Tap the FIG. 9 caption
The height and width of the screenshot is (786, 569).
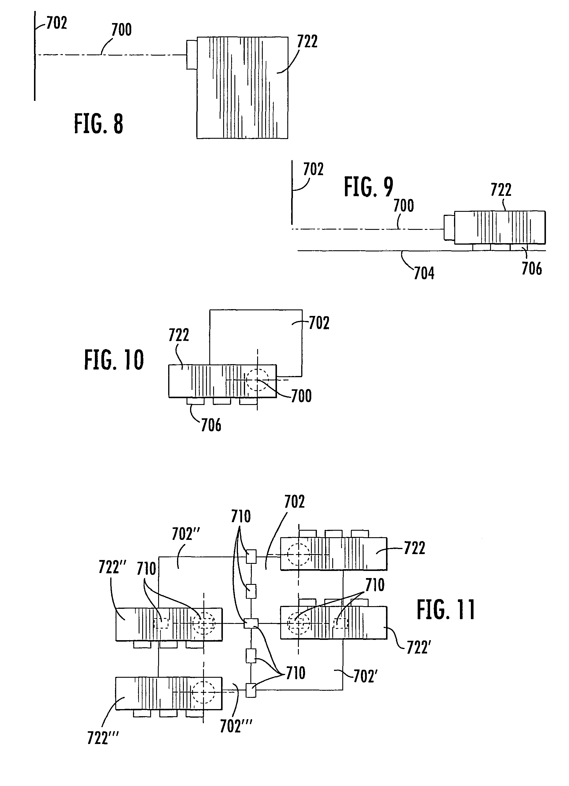[x=369, y=187]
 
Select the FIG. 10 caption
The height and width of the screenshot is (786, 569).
[x=114, y=360]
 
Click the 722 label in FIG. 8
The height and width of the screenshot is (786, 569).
[x=307, y=42]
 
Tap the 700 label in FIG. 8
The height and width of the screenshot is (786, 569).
[x=121, y=30]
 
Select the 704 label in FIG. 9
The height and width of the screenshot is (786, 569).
[x=424, y=273]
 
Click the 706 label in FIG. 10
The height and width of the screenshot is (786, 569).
[x=211, y=425]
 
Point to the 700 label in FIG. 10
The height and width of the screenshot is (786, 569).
[x=301, y=396]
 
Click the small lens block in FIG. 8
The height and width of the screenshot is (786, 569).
[x=192, y=55]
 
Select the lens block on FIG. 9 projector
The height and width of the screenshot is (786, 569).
[x=449, y=227]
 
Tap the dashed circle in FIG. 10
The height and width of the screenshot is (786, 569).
[x=257, y=380]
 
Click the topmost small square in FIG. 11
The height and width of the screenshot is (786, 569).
[x=251, y=556]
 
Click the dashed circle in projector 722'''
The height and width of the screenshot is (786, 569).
[x=204, y=692]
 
